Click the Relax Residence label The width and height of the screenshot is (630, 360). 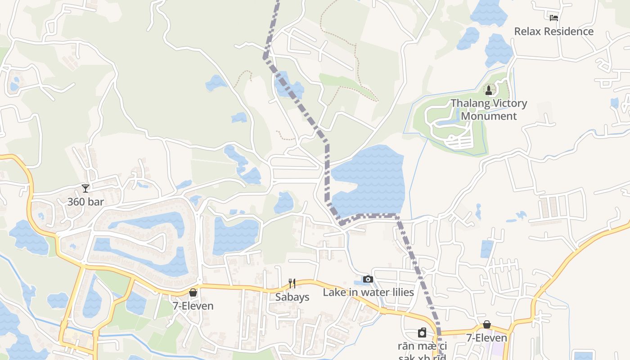pyautogui.click(x=553, y=31)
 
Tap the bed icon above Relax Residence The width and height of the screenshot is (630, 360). pyautogui.click(x=553, y=18)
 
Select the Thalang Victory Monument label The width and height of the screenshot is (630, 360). pyautogui.click(x=489, y=109)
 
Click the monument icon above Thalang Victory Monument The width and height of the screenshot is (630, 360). pyautogui.click(x=489, y=90)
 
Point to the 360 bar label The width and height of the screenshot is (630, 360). pyautogui.click(x=85, y=202)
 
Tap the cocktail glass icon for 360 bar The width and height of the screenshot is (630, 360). pyautogui.click(x=85, y=188)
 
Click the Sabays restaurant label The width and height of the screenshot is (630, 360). pyautogui.click(x=292, y=297)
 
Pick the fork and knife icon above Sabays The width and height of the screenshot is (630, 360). pyautogui.click(x=292, y=283)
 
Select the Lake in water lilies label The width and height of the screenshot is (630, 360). pyautogui.click(x=368, y=292)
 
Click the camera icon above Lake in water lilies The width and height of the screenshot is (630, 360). pyautogui.click(x=368, y=279)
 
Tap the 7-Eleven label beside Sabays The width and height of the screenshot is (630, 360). pyautogui.click(x=193, y=306)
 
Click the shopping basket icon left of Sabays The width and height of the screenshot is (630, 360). pyautogui.click(x=193, y=292)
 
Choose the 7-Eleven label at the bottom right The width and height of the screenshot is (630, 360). pyautogui.click(x=486, y=338)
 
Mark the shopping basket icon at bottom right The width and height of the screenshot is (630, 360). pyautogui.click(x=486, y=324)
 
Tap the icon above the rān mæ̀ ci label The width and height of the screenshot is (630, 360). pyautogui.click(x=422, y=333)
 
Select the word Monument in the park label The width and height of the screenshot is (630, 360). pyautogui.click(x=489, y=116)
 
